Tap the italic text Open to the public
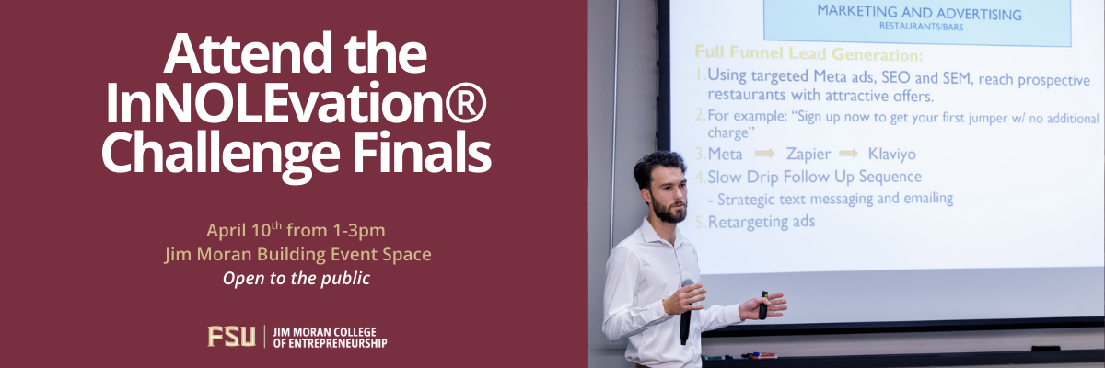point(296,277)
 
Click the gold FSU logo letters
point(231,337)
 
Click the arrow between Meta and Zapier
point(765,154)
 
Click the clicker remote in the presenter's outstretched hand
point(763,305)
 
